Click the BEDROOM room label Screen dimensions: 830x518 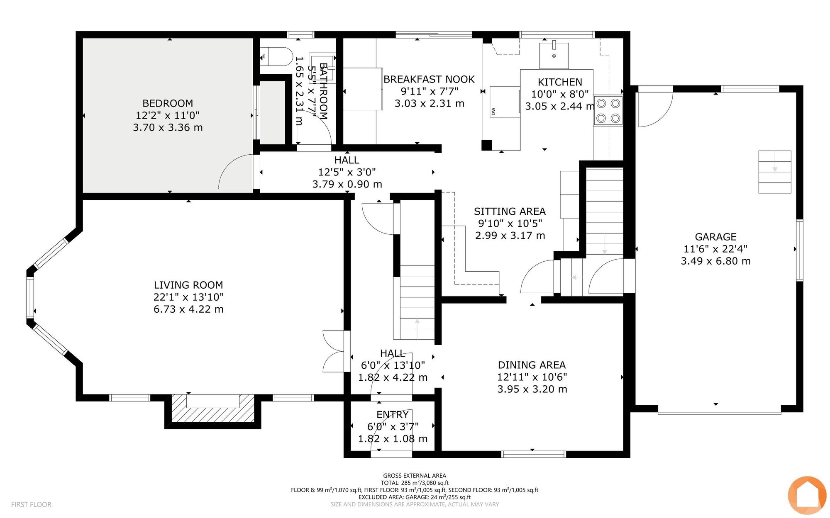click(x=168, y=103)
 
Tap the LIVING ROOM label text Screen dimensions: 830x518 click(x=188, y=285)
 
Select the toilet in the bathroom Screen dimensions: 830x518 click(x=276, y=57)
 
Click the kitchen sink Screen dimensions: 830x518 click(x=554, y=56)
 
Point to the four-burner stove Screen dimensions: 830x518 click(x=608, y=111)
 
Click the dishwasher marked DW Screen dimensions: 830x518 click(x=505, y=102)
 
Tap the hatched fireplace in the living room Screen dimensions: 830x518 click(x=213, y=409)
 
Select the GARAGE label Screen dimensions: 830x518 click(x=716, y=237)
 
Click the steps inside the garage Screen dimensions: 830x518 click(x=775, y=172)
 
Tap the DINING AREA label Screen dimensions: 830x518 click(x=532, y=365)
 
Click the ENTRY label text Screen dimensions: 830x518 click(x=393, y=415)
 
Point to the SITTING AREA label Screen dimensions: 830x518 click(x=510, y=212)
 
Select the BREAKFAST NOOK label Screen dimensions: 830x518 click(x=429, y=79)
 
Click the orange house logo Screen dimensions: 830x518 click(x=807, y=495)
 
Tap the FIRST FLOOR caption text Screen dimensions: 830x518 click(x=31, y=504)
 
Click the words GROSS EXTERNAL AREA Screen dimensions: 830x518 click(x=415, y=476)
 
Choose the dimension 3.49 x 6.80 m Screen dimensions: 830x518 click(x=716, y=261)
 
